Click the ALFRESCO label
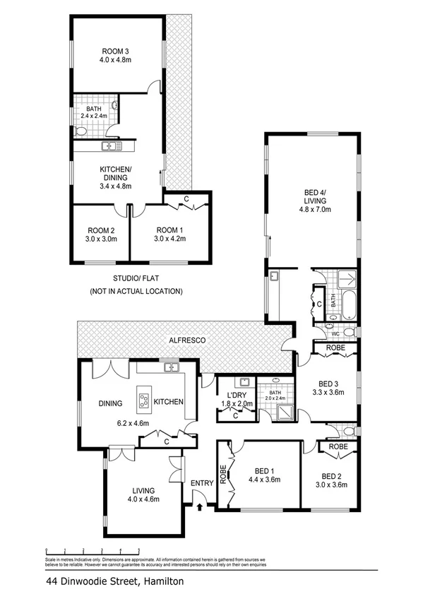(x=186, y=340)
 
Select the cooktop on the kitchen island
(x=144, y=402)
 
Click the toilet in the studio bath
(x=80, y=131)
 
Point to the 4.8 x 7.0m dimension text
(x=314, y=210)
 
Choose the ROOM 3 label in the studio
(x=116, y=50)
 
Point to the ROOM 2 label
(x=101, y=230)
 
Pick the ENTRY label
(x=201, y=483)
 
